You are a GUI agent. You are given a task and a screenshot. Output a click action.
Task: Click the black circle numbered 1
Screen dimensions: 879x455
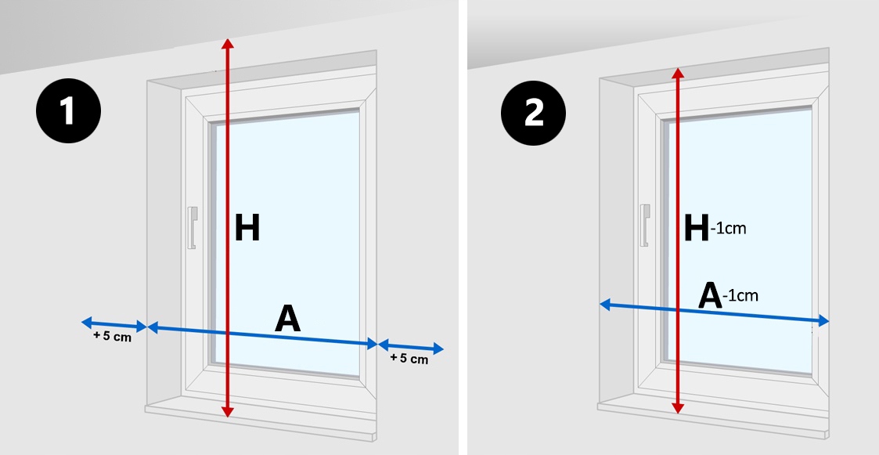click(68, 110)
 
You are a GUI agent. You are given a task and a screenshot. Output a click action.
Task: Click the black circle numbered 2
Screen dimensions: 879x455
click(533, 114)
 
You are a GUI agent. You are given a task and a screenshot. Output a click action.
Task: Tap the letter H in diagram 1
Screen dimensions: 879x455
click(247, 228)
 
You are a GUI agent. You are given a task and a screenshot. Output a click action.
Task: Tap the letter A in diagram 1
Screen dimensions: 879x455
click(287, 320)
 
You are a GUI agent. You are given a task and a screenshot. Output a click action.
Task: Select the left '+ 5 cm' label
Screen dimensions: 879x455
click(112, 337)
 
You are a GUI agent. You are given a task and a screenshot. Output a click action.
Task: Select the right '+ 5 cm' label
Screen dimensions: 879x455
click(409, 359)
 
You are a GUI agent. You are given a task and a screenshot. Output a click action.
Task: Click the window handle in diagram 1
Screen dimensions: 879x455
click(193, 228)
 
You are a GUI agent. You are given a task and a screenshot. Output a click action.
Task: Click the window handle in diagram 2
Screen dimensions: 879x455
click(645, 225)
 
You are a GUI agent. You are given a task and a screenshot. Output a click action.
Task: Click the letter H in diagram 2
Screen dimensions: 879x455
click(697, 229)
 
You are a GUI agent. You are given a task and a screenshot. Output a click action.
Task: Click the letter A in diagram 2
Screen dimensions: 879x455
click(710, 296)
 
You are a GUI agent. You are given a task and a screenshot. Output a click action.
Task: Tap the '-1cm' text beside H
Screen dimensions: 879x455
click(728, 229)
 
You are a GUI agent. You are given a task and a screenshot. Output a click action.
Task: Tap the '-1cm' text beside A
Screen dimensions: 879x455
click(740, 295)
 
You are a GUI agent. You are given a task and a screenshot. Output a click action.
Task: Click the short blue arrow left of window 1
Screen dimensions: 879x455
click(113, 325)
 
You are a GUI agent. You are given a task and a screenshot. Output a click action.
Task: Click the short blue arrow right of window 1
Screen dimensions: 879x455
click(411, 347)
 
